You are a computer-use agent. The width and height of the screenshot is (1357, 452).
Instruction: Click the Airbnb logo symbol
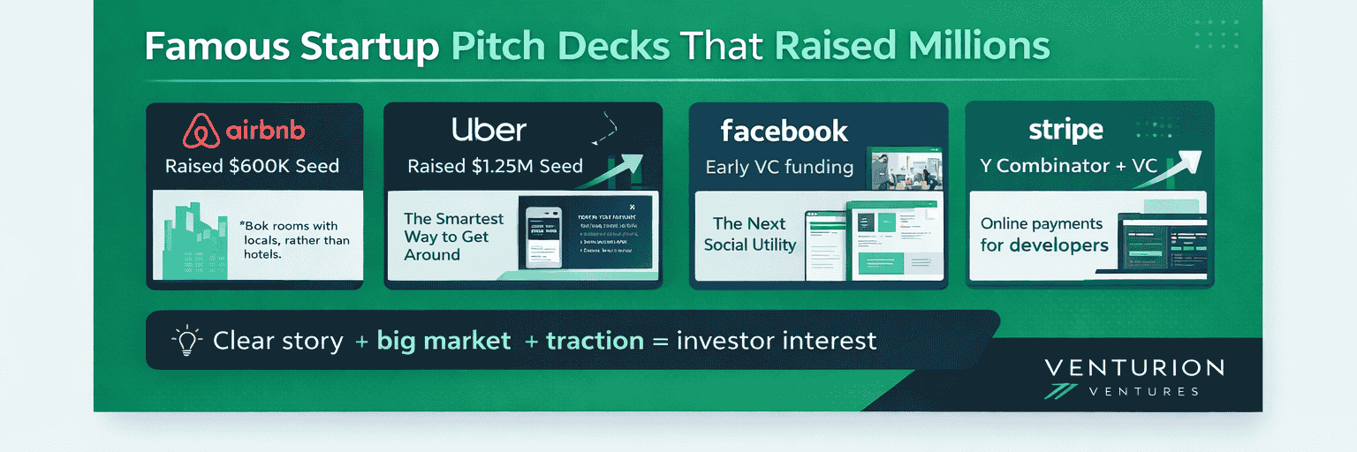tap(201, 132)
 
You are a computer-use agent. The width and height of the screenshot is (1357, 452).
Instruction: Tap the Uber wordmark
tap(489, 130)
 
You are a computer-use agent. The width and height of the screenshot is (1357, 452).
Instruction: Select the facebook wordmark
tap(784, 132)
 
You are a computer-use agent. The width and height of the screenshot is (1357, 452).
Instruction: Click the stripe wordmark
tap(1065, 131)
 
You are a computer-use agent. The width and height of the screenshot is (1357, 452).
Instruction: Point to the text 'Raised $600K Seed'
tap(252, 166)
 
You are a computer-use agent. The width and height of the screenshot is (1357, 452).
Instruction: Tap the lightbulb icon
tap(186, 341)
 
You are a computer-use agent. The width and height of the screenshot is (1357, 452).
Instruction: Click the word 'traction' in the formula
tap(595, 341)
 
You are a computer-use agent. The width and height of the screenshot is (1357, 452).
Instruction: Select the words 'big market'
tap(443, 341)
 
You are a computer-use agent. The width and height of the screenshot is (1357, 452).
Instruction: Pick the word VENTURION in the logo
tap(1134, 368)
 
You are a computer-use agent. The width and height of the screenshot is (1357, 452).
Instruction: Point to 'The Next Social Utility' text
tap(750, 234)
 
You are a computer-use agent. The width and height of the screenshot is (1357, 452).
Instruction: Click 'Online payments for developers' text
tap(1043, 234)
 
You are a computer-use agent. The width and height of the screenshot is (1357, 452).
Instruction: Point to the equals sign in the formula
tap(660, 342)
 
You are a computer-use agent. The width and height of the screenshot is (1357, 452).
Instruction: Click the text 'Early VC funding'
tap(779, 167)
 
